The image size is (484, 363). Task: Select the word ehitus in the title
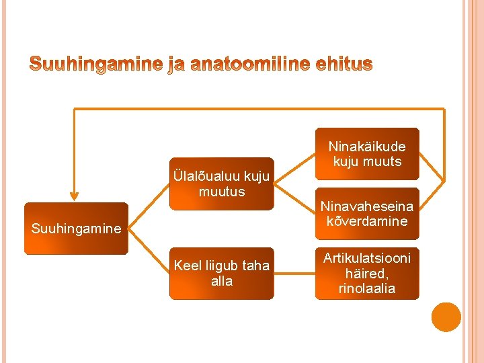343,65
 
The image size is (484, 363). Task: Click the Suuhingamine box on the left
76,229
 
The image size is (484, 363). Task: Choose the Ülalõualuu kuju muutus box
222,184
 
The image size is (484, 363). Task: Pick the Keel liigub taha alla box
222,274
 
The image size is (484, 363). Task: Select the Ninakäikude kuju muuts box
367,154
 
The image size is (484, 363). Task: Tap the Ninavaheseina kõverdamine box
367,214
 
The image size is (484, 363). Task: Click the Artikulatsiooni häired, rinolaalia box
367,274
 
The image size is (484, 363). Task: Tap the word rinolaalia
367,289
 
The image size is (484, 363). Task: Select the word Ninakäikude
367,146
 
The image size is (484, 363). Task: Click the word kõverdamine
367,222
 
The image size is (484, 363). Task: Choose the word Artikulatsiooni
367,258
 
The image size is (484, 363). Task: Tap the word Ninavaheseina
367,206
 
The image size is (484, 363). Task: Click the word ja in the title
176,65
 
